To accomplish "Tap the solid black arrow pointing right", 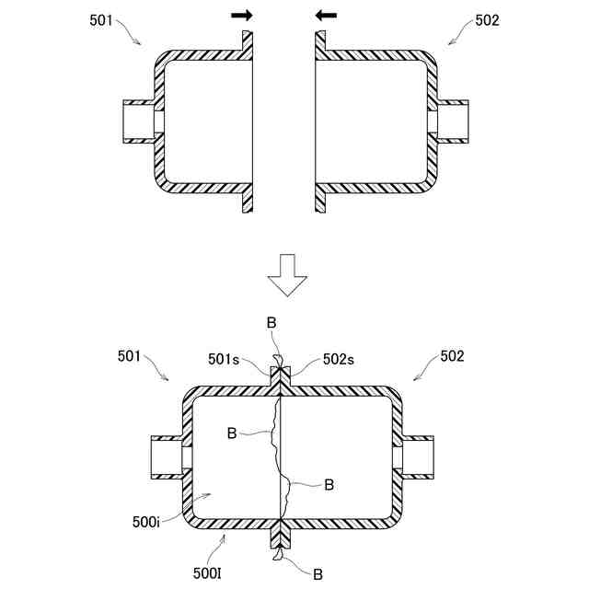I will click(x=242, y=15).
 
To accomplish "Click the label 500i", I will click(x=145, y=522).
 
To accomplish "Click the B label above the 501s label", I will click(x=271, y=323).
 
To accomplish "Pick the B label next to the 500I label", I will click(x=317, y=573).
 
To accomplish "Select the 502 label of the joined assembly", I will click(x=453, y=354).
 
